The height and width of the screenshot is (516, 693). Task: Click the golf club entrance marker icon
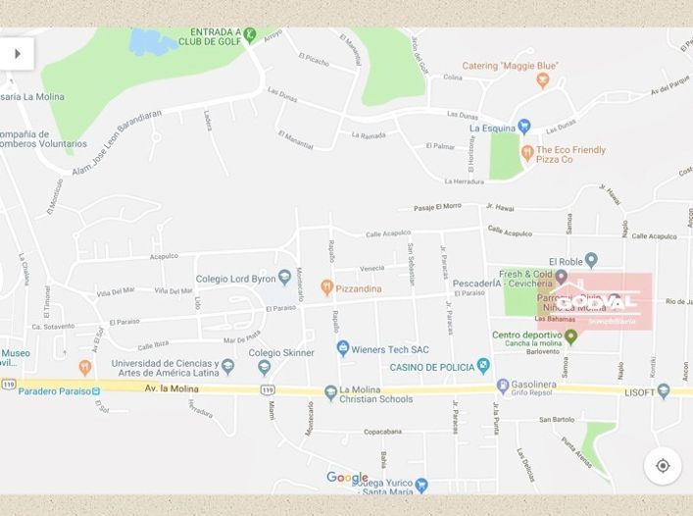tap(250, 36)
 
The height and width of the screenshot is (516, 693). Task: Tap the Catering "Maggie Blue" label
tap(510, 67)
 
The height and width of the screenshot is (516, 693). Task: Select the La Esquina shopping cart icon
tap(523, 127)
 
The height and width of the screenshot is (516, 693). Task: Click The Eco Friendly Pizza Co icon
tap(527, 153)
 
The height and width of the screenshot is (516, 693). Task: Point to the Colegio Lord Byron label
tap(235, 279)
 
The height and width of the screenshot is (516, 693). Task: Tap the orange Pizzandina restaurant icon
tap(327, 287)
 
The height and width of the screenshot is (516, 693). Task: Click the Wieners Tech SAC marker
tap(343, 348)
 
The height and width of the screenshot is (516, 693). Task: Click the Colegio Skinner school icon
tap(264, 369)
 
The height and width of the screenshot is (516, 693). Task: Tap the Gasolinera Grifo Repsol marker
tap(503, 387)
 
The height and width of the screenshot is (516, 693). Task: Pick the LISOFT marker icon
tap(664, 390)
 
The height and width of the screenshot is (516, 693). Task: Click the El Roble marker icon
tap(590, 261)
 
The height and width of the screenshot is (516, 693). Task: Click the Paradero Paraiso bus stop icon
tap(96, 390)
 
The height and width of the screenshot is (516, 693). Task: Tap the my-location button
tap(663, 465)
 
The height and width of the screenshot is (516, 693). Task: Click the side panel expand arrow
tap(17, 54)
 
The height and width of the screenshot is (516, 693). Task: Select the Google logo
tap(347, 479)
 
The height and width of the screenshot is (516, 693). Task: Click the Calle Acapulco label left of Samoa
tap(510, 232)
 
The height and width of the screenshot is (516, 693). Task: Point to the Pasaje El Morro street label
tap(437, 207)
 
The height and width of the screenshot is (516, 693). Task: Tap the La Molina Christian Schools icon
tap(331, 390)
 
